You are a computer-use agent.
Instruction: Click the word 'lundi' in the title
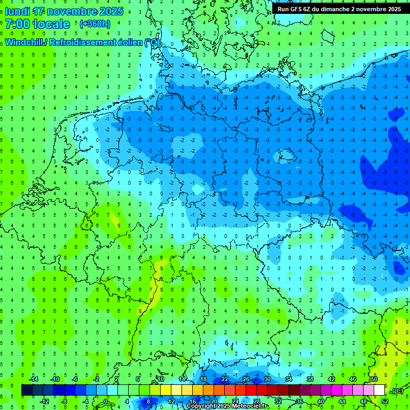(17, 11)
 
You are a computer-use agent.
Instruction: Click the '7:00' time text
(18, 24)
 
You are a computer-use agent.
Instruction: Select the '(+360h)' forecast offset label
(94, 24)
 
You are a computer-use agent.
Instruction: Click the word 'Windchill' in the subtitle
(23, 42)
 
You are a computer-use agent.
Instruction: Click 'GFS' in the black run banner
(298, 9)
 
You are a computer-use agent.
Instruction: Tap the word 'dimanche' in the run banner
(336, 9)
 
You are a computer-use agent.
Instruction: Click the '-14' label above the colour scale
(33, 379)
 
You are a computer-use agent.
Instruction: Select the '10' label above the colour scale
(160, 379)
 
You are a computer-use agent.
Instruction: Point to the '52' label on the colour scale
(384, 401)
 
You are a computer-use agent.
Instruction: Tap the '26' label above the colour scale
(246, 379)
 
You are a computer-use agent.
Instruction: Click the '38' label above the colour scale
(310, 379)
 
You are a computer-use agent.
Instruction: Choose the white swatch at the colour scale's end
(379, 390)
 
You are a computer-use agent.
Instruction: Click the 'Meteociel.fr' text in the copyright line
(250, 406)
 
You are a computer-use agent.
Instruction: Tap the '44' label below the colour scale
(342, 401)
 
